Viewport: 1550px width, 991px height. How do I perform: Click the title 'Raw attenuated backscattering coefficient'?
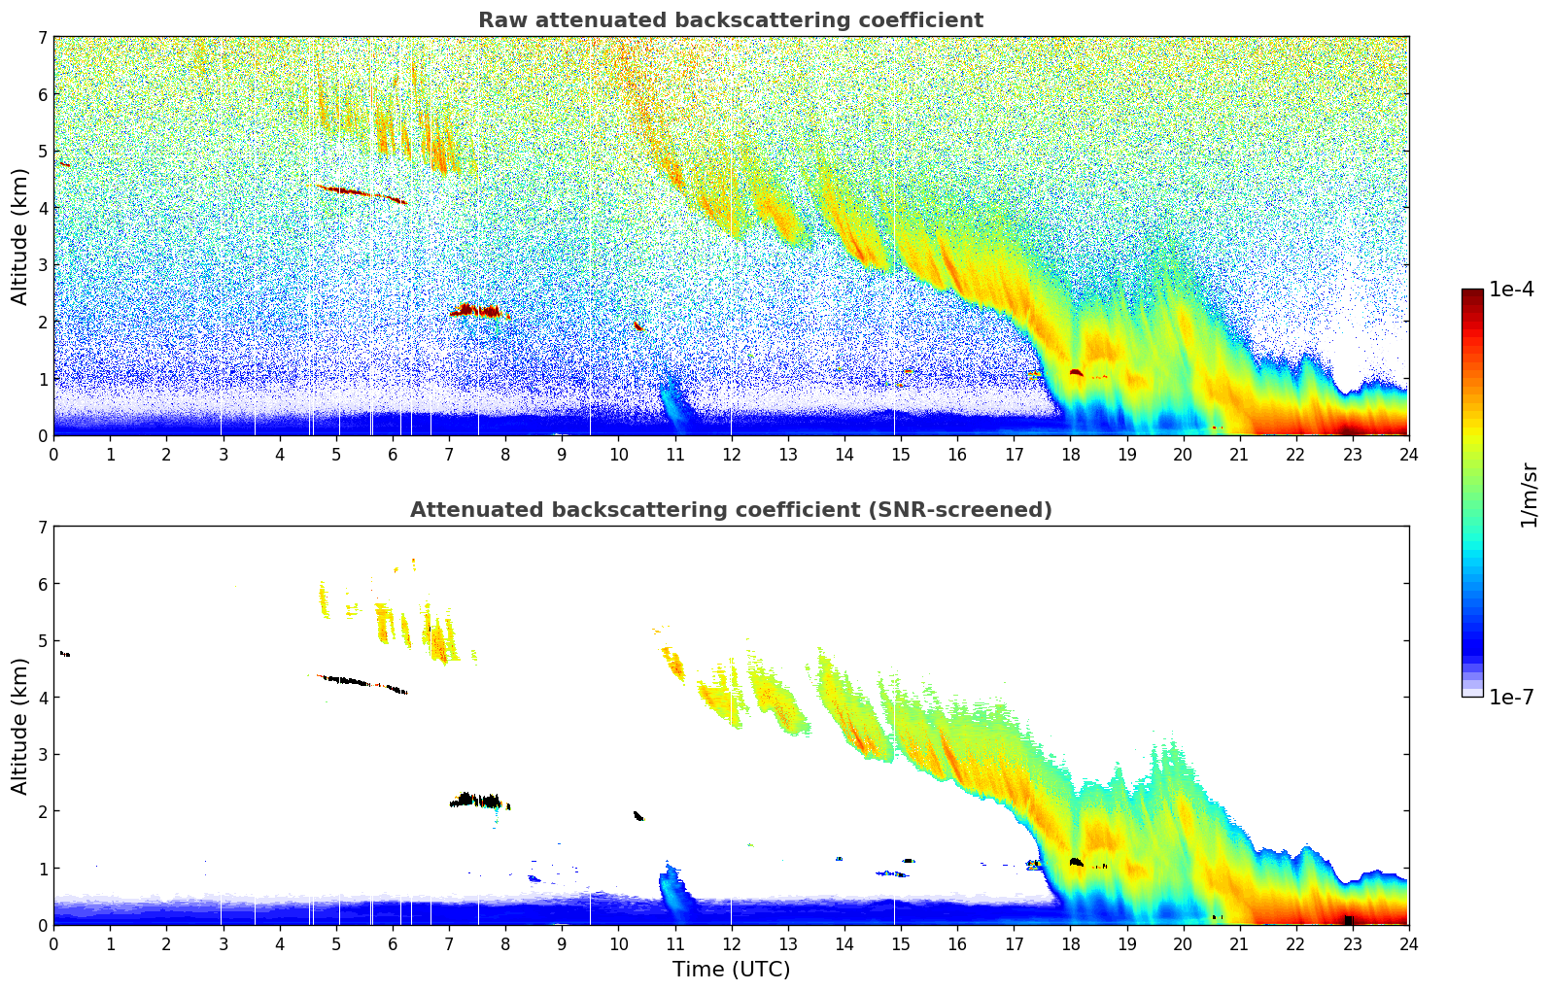tap(730, 20)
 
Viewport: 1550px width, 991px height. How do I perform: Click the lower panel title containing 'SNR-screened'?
tap(730, 510)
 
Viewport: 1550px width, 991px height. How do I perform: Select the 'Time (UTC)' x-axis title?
tap(731, 970)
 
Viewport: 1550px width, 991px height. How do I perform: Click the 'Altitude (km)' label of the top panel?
tap(19, 236)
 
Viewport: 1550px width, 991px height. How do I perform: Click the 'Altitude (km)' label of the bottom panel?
tap(19, 726)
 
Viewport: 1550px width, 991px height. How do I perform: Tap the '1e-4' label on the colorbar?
tap(1511, 290)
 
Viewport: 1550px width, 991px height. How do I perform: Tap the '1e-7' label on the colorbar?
tap(1511, 697)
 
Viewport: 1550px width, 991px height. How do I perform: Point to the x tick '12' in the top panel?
tap(731, 454)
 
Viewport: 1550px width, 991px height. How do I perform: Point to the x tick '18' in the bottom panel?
tap(1070, 943)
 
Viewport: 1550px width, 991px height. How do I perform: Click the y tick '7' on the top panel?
tap(43, 37)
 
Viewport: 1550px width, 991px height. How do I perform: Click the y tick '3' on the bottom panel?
tap(43, 754)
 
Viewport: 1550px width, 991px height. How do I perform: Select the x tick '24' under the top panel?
tap(1408, 454)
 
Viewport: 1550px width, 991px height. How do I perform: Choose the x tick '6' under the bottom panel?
tap(393, 943)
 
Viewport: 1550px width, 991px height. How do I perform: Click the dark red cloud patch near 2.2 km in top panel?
tap(475, 311)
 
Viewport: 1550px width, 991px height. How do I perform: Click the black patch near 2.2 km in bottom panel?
tap(475, 801)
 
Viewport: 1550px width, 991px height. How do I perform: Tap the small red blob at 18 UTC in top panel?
tap(1076, 372)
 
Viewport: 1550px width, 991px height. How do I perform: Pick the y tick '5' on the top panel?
tap(43, 151)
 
